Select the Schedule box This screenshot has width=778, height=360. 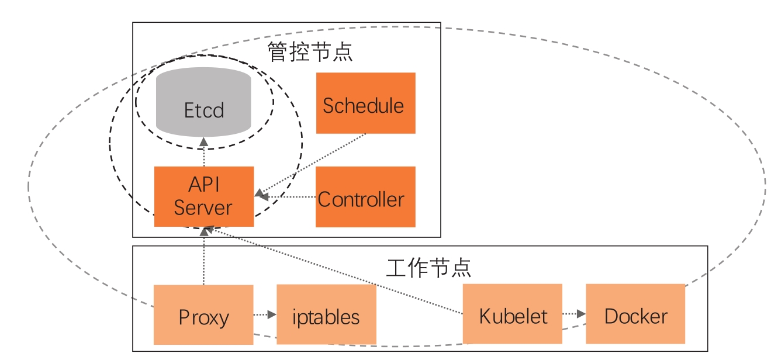tap(365, 103)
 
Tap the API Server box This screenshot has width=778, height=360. tap(204, 196)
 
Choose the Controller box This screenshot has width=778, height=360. tap(365, 197)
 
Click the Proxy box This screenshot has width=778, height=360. tap(203, 314)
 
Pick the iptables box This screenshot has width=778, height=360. tap(326, 314)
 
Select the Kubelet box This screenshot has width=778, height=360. tap(513, 314)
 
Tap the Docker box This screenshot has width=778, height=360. tap(635, 314)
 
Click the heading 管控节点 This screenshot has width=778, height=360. tap(310, 53)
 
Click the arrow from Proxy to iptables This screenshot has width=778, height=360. tap(265, 314)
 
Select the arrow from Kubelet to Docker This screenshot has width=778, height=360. tap(574, 314)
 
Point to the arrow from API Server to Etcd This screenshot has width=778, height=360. tap(203, 152)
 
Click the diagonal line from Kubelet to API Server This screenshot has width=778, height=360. tap(333, 272)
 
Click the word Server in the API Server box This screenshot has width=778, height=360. tap(203, 207)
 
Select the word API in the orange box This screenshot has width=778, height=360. tap(203, 184)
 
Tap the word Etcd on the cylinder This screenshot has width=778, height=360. tap(203, 110)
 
